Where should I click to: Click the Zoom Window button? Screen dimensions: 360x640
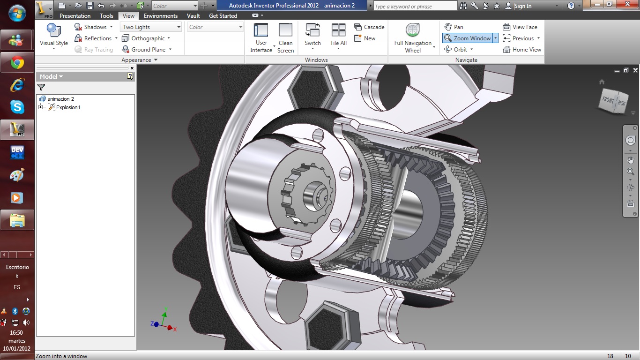(467, 38)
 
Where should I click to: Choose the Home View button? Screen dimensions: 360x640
(522, 50)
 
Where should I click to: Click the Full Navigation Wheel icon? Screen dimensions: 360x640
(412, 31)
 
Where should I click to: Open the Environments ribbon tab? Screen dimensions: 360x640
(161, 16)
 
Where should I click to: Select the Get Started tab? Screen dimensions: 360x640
(223, 16)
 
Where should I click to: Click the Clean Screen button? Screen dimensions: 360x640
(285, 38)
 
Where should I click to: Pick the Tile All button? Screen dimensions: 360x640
(338, 35)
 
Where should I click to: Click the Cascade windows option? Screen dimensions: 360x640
(370, 27)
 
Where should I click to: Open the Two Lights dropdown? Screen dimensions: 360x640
(150, 27)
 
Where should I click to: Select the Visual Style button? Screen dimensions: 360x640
(54, 35)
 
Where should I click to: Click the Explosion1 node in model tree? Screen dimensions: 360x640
(68, 107)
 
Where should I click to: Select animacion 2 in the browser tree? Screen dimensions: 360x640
(60, 99)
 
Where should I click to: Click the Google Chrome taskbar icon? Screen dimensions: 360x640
(17, 62)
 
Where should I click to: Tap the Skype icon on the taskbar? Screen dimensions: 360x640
(17, 107)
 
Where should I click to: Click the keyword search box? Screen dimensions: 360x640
(415, 6)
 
